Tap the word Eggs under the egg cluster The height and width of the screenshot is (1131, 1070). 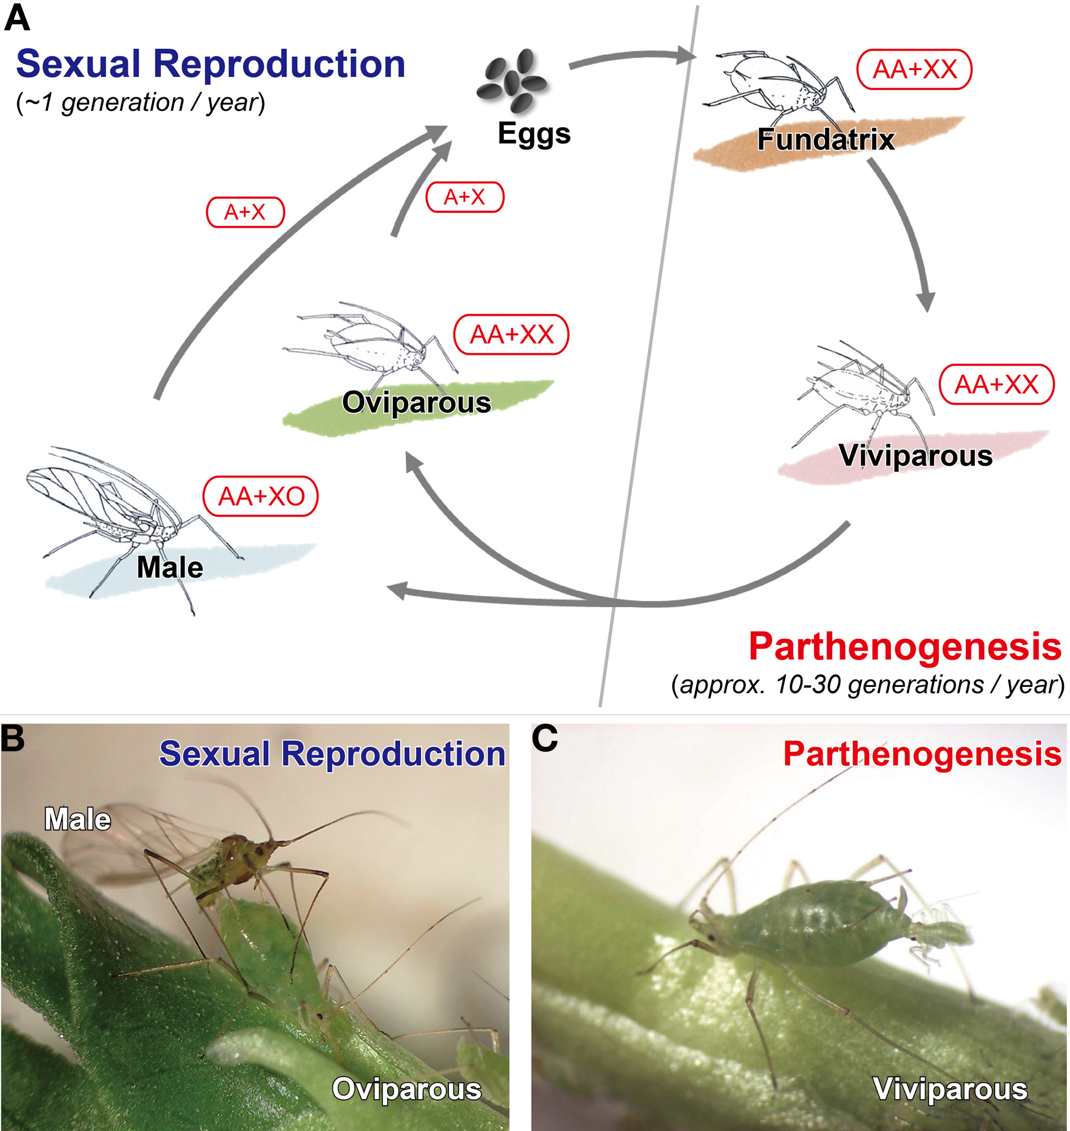click(534, 134)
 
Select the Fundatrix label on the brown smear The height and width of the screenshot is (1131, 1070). click(825, 140)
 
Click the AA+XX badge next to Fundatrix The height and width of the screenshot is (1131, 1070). click(914, 70)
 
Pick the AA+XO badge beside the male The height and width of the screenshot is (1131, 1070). click(260, 497)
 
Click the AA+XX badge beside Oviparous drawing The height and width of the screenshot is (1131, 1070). click(511, 334)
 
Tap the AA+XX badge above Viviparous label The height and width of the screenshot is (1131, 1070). click(996, 385)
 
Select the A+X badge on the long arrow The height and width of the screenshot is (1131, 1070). click(245, 213)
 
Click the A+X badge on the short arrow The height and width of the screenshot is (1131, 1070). click(464, 197)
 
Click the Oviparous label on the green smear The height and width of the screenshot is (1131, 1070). click(416, 403)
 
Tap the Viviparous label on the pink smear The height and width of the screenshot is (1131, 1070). click(915, 456)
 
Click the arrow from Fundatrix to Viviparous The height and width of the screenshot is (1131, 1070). click(907, 228)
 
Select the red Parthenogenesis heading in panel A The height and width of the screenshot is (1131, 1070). click(905, 647)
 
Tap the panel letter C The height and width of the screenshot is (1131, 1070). click(544, 739)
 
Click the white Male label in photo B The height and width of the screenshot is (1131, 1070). click(78, 820)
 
